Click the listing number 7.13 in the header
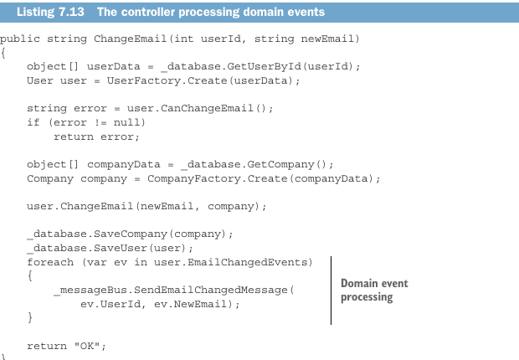coord(71,12)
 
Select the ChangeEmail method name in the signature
coord(130,39)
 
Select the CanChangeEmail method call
coord(207,108)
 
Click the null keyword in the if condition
coord(126,122)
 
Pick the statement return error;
coord(96,136)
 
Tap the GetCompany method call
coord(280,165)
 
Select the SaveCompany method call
coord(131,234)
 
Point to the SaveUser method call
coord(121,248)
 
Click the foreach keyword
coord(50,262)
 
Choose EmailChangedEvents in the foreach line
coord(248,262)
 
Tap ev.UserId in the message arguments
coord(110,304)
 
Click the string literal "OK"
coord(87,346)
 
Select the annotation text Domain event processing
coord(374,291)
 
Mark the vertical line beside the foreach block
coord(331,291)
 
